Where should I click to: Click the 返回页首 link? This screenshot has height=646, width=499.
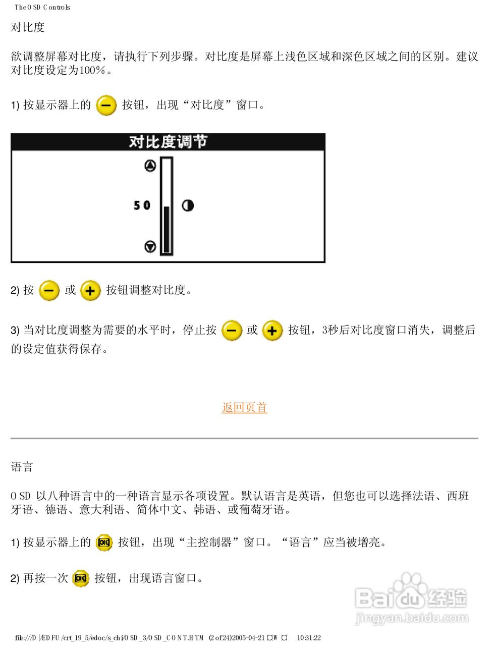coord(244,407)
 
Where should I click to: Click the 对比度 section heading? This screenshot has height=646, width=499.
coord(28,27)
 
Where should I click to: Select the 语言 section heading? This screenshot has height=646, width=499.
coord(22,467)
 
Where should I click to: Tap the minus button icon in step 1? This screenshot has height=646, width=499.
coord(106,105)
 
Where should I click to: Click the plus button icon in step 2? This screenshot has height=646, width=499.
coord(90,291)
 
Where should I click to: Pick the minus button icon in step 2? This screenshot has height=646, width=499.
coord(49,291)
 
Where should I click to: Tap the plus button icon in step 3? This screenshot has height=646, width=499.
coord(272,331)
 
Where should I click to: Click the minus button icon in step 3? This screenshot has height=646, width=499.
coord(232,331)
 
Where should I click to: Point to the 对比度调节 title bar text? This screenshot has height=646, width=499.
coord(168,142)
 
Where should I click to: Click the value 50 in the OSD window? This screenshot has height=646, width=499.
coord(142,205)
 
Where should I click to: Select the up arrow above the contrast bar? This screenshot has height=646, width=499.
coord(150,166)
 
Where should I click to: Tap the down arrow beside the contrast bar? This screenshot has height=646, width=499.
coord(150,247)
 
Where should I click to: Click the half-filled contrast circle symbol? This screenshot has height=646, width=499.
coord(188,205)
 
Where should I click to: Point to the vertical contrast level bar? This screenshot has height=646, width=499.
coord(167,206)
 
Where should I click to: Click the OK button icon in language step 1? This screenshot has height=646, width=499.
coord(104,543)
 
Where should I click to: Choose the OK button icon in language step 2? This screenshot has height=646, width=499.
coord(81,578)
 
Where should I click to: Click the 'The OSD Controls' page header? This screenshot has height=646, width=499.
coord(42,7)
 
